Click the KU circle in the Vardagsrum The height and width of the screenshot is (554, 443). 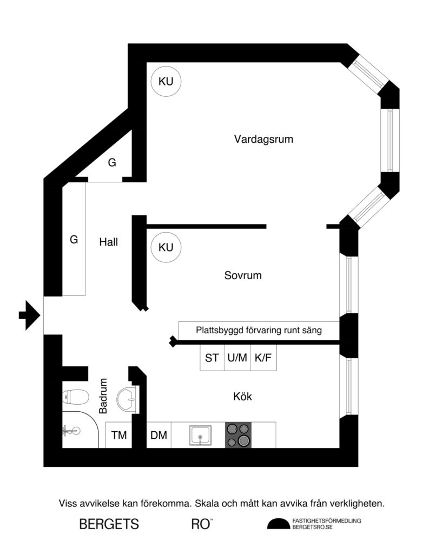point(166,82)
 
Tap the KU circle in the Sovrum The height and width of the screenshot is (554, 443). point(166,248)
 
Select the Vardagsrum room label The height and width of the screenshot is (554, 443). point(263,139)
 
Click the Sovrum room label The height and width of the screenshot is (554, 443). point(243,275)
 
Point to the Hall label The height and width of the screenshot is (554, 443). point(108,242)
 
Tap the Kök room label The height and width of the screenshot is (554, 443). point(242,397)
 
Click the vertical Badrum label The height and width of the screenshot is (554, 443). point(104,396)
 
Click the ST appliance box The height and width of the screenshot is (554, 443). point(212,358)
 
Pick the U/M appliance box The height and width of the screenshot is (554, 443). point(237,358)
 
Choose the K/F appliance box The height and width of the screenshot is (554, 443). point(263,358)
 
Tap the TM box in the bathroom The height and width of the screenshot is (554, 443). point(118,436)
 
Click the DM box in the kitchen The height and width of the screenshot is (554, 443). point(158,436)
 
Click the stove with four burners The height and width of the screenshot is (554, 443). point(239,435)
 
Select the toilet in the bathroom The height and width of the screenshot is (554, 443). point(75,398)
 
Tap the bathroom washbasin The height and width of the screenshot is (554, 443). point(129,400)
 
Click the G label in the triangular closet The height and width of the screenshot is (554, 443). point(112,162)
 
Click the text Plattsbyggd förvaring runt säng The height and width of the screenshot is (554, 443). point(259,329)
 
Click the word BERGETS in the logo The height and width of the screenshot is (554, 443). point(109,524)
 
